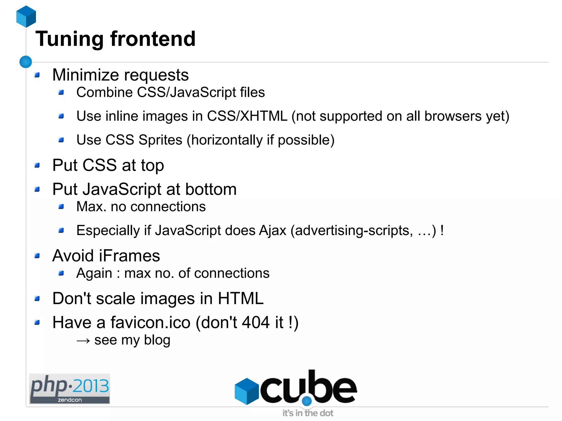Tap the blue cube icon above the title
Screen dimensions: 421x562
26,16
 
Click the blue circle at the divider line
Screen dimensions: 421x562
26,62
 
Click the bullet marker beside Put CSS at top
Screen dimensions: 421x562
37,165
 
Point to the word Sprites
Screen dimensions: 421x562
160,140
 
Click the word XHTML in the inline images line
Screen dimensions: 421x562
263,116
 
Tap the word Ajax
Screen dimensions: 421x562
272,230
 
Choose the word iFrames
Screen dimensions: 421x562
130,256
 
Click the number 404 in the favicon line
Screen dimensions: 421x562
256,322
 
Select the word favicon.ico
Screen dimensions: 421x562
150,322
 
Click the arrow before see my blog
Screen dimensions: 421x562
83,341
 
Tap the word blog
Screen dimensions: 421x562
157,340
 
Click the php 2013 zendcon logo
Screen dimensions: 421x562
70,389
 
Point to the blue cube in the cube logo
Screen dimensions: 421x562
247,391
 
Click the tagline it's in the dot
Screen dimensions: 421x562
308,413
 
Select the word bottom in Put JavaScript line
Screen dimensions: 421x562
211,189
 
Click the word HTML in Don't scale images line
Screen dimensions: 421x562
241,298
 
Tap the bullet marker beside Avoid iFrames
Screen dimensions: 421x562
37,256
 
